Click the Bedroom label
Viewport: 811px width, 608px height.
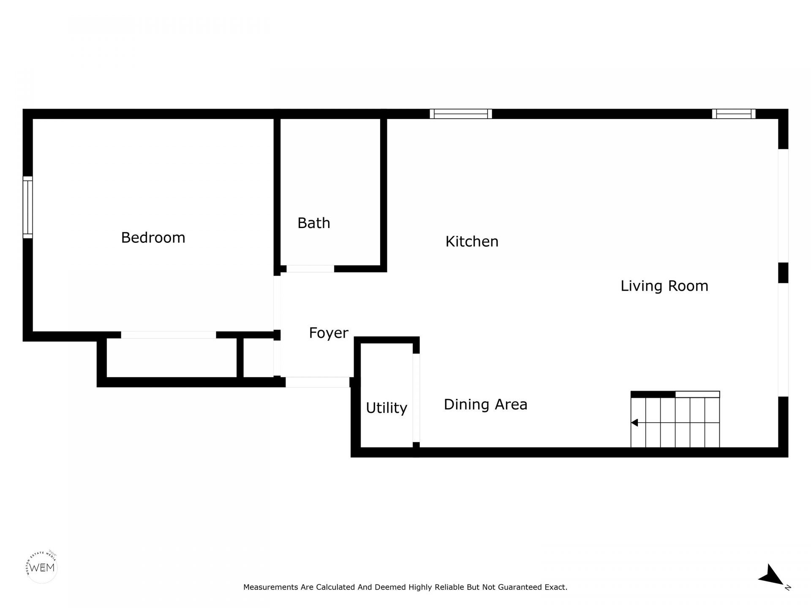pos(153,238)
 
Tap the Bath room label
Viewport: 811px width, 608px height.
pos(313,223)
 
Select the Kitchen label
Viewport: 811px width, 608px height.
pos(472,242)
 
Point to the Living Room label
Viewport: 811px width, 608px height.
pos(664,286)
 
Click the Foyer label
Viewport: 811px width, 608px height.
pos(328,333)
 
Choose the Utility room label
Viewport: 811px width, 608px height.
pos(386,408)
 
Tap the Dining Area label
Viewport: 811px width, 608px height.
pos(485,404)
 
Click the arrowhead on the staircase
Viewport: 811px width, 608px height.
pos(634,423)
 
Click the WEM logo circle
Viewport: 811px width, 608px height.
pos(41,567)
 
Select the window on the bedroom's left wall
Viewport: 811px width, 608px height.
pos(27,207)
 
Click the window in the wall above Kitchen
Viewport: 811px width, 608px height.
pos(461,114)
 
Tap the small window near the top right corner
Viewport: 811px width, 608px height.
pos(734,114)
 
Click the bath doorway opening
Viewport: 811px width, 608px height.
pos(310,269)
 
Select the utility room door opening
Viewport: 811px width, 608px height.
pos(416,398)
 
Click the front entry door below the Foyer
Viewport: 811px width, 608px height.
pos(317,382)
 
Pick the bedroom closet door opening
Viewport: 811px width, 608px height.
pos(169,335)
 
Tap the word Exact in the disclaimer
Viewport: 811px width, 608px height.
pos(557,587)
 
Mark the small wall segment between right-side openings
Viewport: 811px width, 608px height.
pos(783,273)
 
